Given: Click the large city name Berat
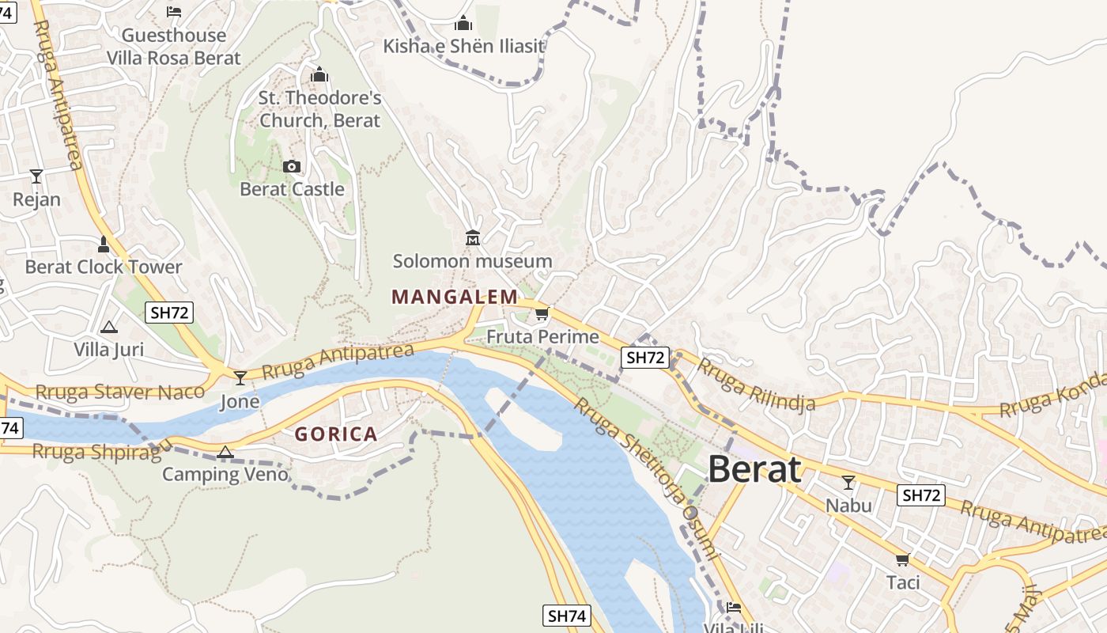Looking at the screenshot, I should (754, 469).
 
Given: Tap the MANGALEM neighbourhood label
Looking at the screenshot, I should (455, 298).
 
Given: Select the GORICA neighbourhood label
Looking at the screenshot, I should (336, 434).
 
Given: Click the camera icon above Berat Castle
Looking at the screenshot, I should (292, 166).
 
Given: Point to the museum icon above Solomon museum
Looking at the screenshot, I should (473, 237).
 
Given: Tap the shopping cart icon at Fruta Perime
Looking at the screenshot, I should (542, 314).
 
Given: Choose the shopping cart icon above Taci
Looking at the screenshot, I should (902, 559).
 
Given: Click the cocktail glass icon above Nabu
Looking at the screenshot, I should (848, 482).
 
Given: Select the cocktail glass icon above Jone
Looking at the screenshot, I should (240, 377).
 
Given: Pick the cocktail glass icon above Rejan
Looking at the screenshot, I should (36, 176).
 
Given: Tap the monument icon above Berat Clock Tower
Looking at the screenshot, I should (103, 244).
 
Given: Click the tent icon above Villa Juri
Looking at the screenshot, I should (108, 326).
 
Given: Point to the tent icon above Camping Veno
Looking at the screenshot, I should (225, 452).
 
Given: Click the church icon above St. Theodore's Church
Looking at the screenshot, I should (319, 75).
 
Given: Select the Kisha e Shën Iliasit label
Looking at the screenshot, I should (464, 46).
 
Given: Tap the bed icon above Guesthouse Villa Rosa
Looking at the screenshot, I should (174, 12).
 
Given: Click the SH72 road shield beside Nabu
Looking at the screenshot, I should (921, 495).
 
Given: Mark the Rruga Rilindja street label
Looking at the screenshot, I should (756, 387).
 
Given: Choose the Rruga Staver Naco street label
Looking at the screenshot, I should (120, 392).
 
